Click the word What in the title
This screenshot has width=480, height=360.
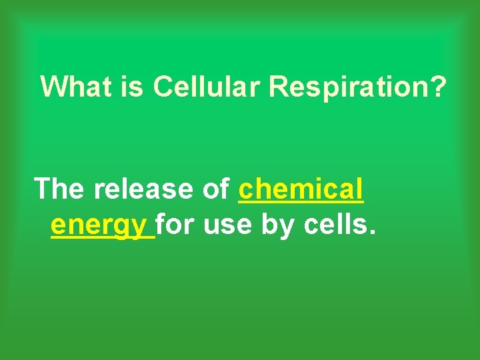point(75,87)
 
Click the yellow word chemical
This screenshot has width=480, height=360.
point(301,189)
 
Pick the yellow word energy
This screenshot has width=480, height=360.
point(99,227)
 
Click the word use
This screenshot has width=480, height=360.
point(228,227)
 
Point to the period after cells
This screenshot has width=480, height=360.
point(372,233)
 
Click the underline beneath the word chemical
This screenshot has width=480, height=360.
point(301,203)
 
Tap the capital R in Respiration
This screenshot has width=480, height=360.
point(277,87)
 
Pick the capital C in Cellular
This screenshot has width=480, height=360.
point(162,87)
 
